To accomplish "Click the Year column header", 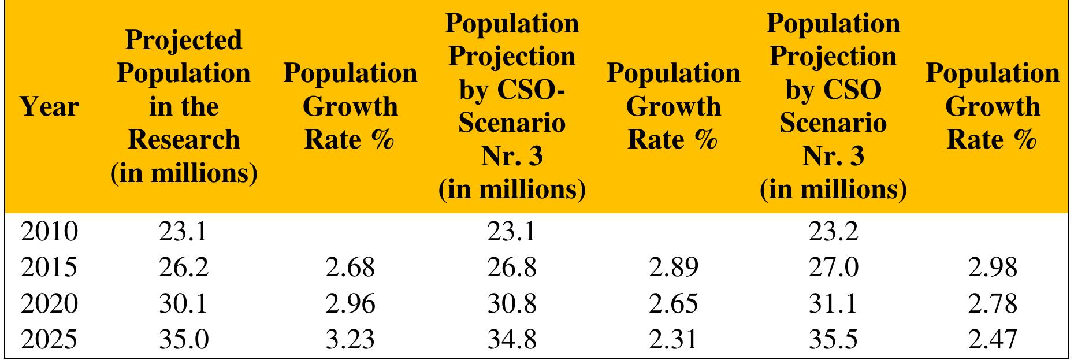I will point(49,107).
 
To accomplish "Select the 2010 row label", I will point(49,232).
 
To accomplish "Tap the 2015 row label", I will point(49,268).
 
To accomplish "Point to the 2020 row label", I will point(49,303).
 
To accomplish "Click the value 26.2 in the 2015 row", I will point(184,268).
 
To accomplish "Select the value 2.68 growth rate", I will point(350,268).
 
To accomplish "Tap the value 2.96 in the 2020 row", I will point(350,303).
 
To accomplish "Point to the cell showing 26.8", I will point(512,268).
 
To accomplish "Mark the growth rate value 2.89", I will point(673,268).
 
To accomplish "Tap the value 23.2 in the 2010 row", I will point(833,232).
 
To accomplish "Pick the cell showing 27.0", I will point(833,268).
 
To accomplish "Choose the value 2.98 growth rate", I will point(993,268).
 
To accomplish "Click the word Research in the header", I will point(184,140).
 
